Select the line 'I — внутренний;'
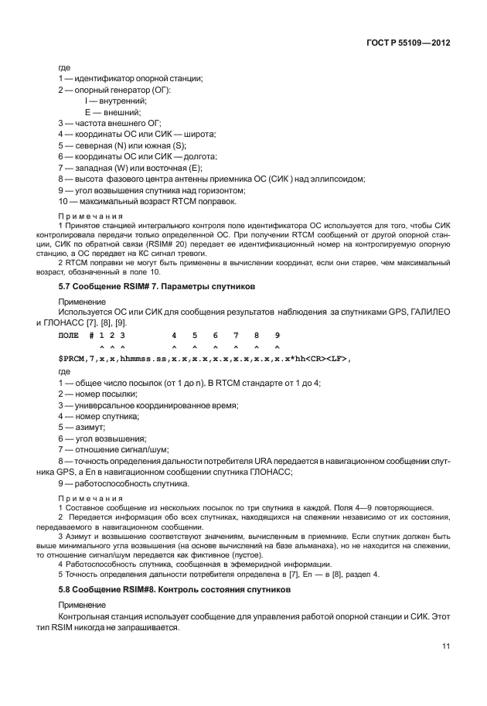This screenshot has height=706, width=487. pyautogui.click(x=115, y=101)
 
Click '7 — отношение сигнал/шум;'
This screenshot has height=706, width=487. pyautogui.click(x=114, y=449)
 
